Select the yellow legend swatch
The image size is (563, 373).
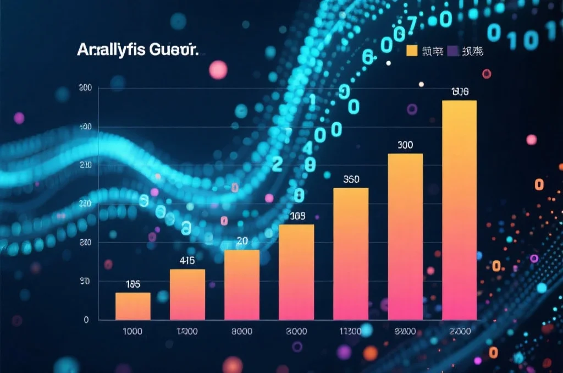click(x=412, y=51)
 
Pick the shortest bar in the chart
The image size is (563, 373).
click(x=133, y=306)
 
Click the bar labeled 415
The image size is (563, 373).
click(x=187, y=294)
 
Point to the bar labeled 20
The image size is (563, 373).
click(x=242, y=284)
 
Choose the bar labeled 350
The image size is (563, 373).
click(x=351, y=254)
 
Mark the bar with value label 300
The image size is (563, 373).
click(x=405, y=237)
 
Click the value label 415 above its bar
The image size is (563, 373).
click(x=187, y=261)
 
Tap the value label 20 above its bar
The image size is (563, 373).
click(x=242, y=241)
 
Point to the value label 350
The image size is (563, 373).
click(x=351, y=179)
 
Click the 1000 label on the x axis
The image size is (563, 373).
click(x=132, y=331)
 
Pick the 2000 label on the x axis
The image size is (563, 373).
click(x=459, y=331)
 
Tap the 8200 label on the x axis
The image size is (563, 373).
click(x=405, y=331)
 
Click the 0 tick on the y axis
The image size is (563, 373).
click(x=86, y=320)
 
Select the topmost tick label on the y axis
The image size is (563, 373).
click(x=85, y=88)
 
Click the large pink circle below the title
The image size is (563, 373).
click(x=218, y=70)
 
